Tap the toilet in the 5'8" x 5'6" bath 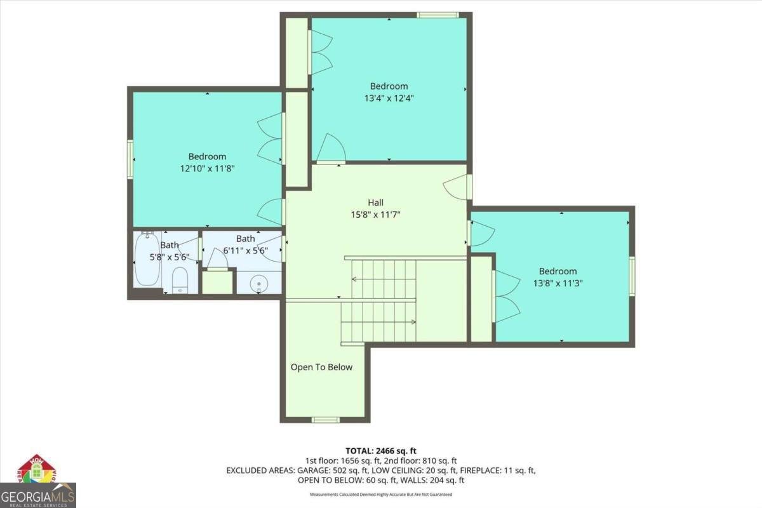coord(180,280)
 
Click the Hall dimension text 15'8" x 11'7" coord(375,214)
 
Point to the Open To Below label coord(321,367)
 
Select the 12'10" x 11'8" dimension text coord(207,168)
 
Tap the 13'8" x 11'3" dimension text coord(558,283)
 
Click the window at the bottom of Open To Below coord(325,419)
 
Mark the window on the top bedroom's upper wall coord(438,15)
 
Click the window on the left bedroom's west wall coord(130,159)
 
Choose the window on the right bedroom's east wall coord(632,276)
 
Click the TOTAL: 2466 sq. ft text coord(380,450)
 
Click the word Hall coord(375,203)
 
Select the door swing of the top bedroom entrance coord(330,149)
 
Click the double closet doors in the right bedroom coord(506,296)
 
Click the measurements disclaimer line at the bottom coord(380,494)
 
